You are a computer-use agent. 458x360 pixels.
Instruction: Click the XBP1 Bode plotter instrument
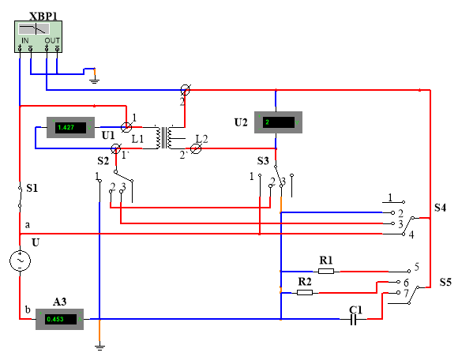click(38, 36)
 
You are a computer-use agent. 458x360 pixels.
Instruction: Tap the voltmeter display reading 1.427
click(71, 127)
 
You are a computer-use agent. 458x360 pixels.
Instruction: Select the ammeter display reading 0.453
click(59, 319)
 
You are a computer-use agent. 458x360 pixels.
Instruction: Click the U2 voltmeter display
click(278, 122)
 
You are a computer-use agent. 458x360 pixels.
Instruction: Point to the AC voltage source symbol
click(21, 261)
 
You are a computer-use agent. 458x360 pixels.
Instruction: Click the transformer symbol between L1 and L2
click(164, 137)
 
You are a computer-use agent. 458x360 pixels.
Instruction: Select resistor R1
click(326, 272)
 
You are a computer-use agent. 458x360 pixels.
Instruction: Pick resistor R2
click(305, 292)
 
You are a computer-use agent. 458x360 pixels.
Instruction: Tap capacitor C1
click(354, 319)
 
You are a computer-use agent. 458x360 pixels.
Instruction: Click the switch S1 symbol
click(20, 197)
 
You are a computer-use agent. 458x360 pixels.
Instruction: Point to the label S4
click(440, 208)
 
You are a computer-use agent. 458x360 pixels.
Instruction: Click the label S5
click(445, 283)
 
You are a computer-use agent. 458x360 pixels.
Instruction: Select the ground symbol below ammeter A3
click(99, 347)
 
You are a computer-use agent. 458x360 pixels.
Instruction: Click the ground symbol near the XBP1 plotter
click(94, 81)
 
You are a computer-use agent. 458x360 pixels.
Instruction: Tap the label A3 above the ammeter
click(59, 302)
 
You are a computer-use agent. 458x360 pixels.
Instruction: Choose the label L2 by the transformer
click(201, 139)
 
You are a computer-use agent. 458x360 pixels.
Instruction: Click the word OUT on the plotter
click(52, 40)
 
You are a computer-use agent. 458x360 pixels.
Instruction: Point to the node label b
click(28, 309)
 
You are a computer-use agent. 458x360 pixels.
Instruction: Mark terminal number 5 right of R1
click(417, 266)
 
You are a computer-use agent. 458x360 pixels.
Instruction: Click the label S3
click(263, 160)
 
